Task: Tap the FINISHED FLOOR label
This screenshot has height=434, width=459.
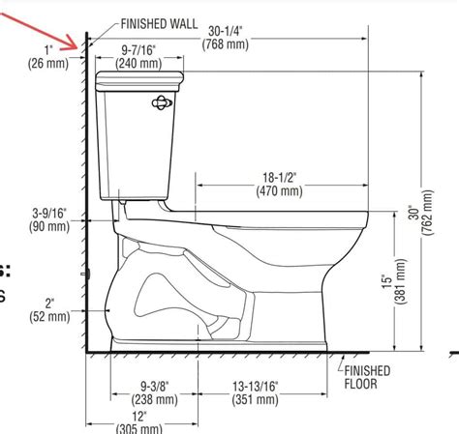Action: [364, 378]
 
